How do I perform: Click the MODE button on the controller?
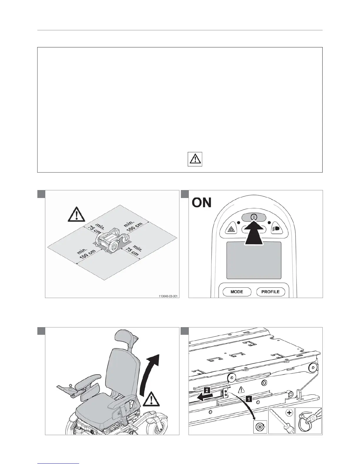tap(237, 292)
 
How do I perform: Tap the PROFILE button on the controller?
tap(270, 292)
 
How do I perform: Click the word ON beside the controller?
tap(201, 203)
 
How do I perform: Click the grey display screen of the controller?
tap(254, 260)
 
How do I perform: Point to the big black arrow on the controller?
tap(254, 232)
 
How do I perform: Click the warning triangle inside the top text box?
tap(195, 159)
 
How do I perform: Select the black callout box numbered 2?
tap(208, 391)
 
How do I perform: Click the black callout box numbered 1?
tap(249, 399)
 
